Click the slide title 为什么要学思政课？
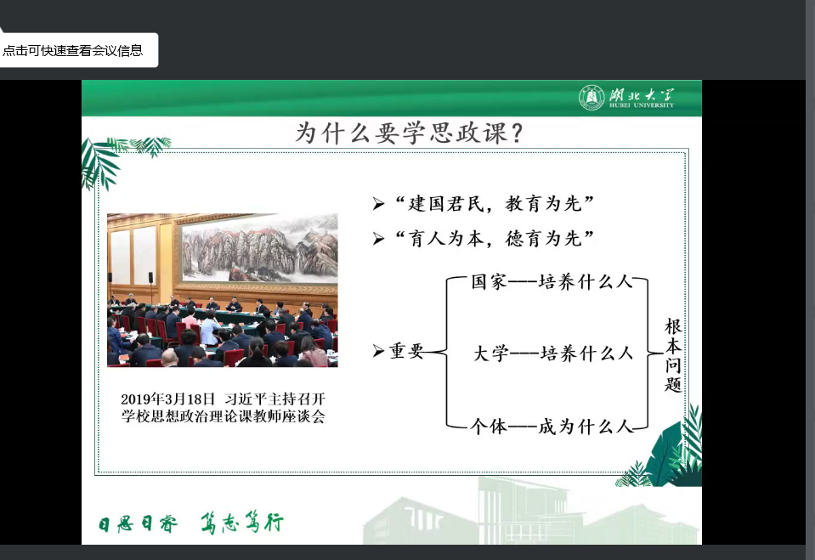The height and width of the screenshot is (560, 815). [409, 133]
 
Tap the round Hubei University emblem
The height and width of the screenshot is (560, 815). [591, 97]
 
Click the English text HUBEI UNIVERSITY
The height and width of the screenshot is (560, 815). [642, 105]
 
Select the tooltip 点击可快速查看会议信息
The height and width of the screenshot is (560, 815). [73, 50]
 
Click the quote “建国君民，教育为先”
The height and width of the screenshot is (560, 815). [495, 203]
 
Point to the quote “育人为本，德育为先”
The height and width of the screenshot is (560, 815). [495, 239]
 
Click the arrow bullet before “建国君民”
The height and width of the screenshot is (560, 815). [378, 204]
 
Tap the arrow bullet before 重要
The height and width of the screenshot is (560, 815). [378, 352]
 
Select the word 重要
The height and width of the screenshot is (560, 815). [406, 352]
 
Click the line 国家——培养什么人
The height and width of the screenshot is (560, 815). [552, 282]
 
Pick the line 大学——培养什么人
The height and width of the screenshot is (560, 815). [553, 354]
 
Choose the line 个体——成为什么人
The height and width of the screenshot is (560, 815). [552, 427]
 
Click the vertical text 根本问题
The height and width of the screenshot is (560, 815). [673, 356]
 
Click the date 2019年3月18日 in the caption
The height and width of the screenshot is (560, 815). [168, 399]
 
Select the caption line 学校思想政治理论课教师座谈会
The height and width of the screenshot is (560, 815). [224, 416]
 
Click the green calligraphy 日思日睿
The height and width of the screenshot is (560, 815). [139, 523]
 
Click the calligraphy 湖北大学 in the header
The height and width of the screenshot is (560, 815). [642, 94]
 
